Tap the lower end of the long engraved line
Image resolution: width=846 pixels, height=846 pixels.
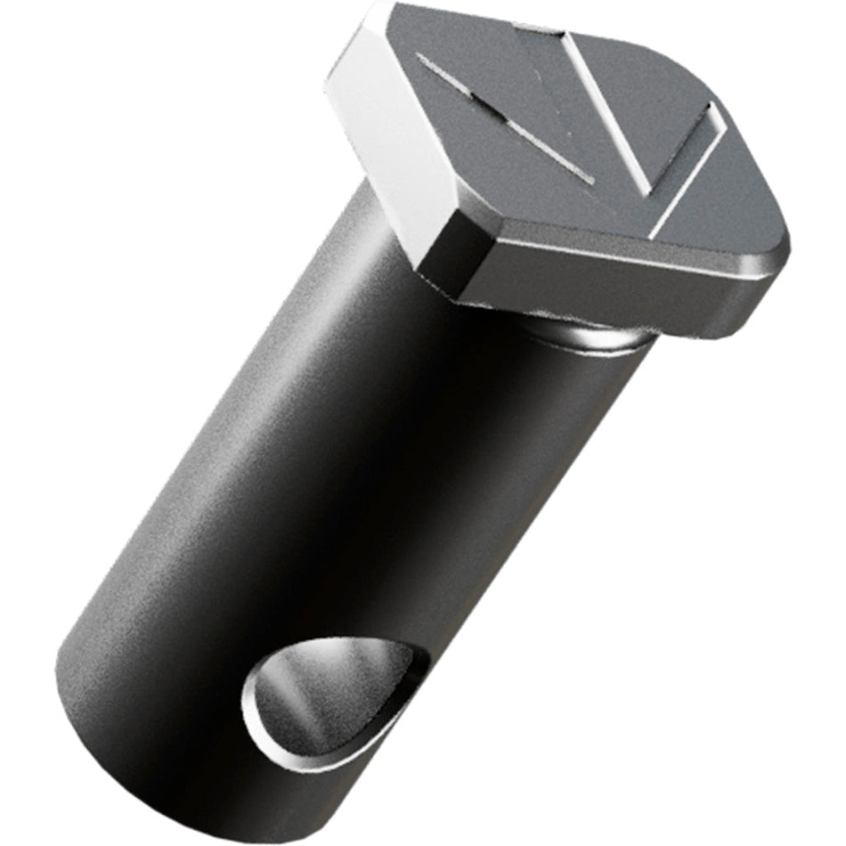(588, 178)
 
